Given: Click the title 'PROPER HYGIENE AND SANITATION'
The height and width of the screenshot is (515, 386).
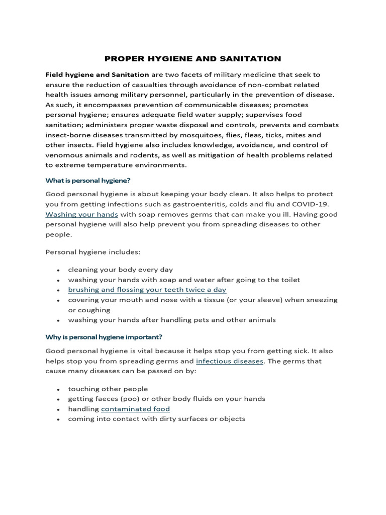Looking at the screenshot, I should click(193, 59).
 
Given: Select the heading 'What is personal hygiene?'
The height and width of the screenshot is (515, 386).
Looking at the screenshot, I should click(88, 180).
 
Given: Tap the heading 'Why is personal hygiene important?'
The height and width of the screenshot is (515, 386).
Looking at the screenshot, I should click(104, 336).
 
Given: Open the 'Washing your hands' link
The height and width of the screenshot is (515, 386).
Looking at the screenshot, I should click(82, 214).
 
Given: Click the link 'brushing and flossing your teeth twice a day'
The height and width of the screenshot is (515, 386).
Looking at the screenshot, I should click(147, 290).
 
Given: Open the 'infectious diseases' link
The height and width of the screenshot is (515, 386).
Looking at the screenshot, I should click(229, 361).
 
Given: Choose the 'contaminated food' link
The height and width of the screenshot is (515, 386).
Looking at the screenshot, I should click(135, 409).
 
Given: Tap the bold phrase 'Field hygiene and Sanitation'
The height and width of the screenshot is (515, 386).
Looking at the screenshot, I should click(97, 74).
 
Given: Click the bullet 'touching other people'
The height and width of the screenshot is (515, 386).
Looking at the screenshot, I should click(108, 389).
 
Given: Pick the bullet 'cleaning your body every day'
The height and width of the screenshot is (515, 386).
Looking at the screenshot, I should click(120, 270).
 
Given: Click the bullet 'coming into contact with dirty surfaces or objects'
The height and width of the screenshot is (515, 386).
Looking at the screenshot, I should click(156, 419).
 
